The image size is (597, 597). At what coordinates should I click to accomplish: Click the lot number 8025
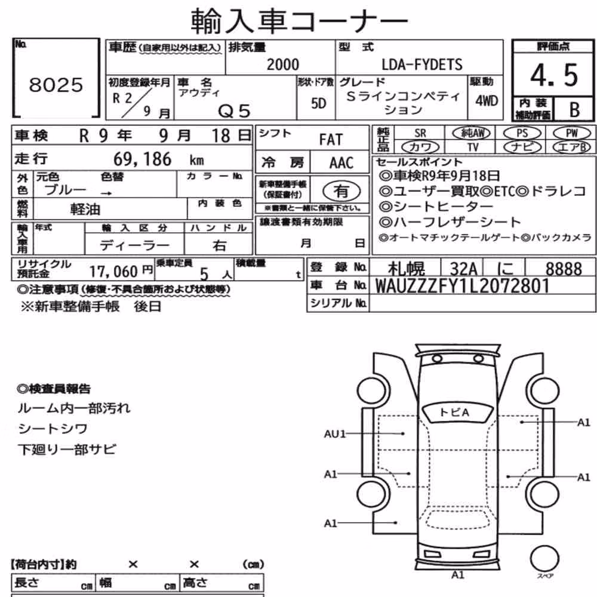[x=56, y=85]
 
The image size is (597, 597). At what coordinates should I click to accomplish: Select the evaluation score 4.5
[x=554, y=75]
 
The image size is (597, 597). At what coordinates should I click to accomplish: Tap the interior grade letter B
[x=574, y=110]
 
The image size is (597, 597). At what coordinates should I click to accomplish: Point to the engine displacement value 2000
[x=282, y=64]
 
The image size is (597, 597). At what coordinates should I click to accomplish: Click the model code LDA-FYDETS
[x=422, y=64]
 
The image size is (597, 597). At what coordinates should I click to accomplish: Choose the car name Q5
[x=234, y=111]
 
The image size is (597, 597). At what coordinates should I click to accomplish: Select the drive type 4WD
[x=486, y=101]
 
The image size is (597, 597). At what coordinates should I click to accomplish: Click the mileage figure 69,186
[x=143, y=159]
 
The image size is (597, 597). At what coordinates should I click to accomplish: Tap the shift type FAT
[x=331, y=140]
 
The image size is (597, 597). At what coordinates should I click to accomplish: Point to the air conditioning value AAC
[x=341, y=162]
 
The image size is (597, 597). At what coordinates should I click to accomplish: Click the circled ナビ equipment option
[x=522, y=147]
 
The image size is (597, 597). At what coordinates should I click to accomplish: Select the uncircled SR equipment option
[x=420, y=133]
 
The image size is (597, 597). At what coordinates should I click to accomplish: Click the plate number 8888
[x=564, y=269]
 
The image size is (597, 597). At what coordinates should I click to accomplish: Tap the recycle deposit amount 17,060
[x=113, y=272]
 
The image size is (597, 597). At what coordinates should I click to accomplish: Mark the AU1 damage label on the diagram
[x=335, y=433]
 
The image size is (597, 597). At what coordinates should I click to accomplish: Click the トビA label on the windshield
[x=454, y=413]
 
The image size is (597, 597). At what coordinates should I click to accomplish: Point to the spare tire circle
[x=544, y=559]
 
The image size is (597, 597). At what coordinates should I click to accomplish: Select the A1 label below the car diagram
[x=457, y=574]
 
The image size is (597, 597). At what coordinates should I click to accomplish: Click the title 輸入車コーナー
[x=299, y=20]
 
